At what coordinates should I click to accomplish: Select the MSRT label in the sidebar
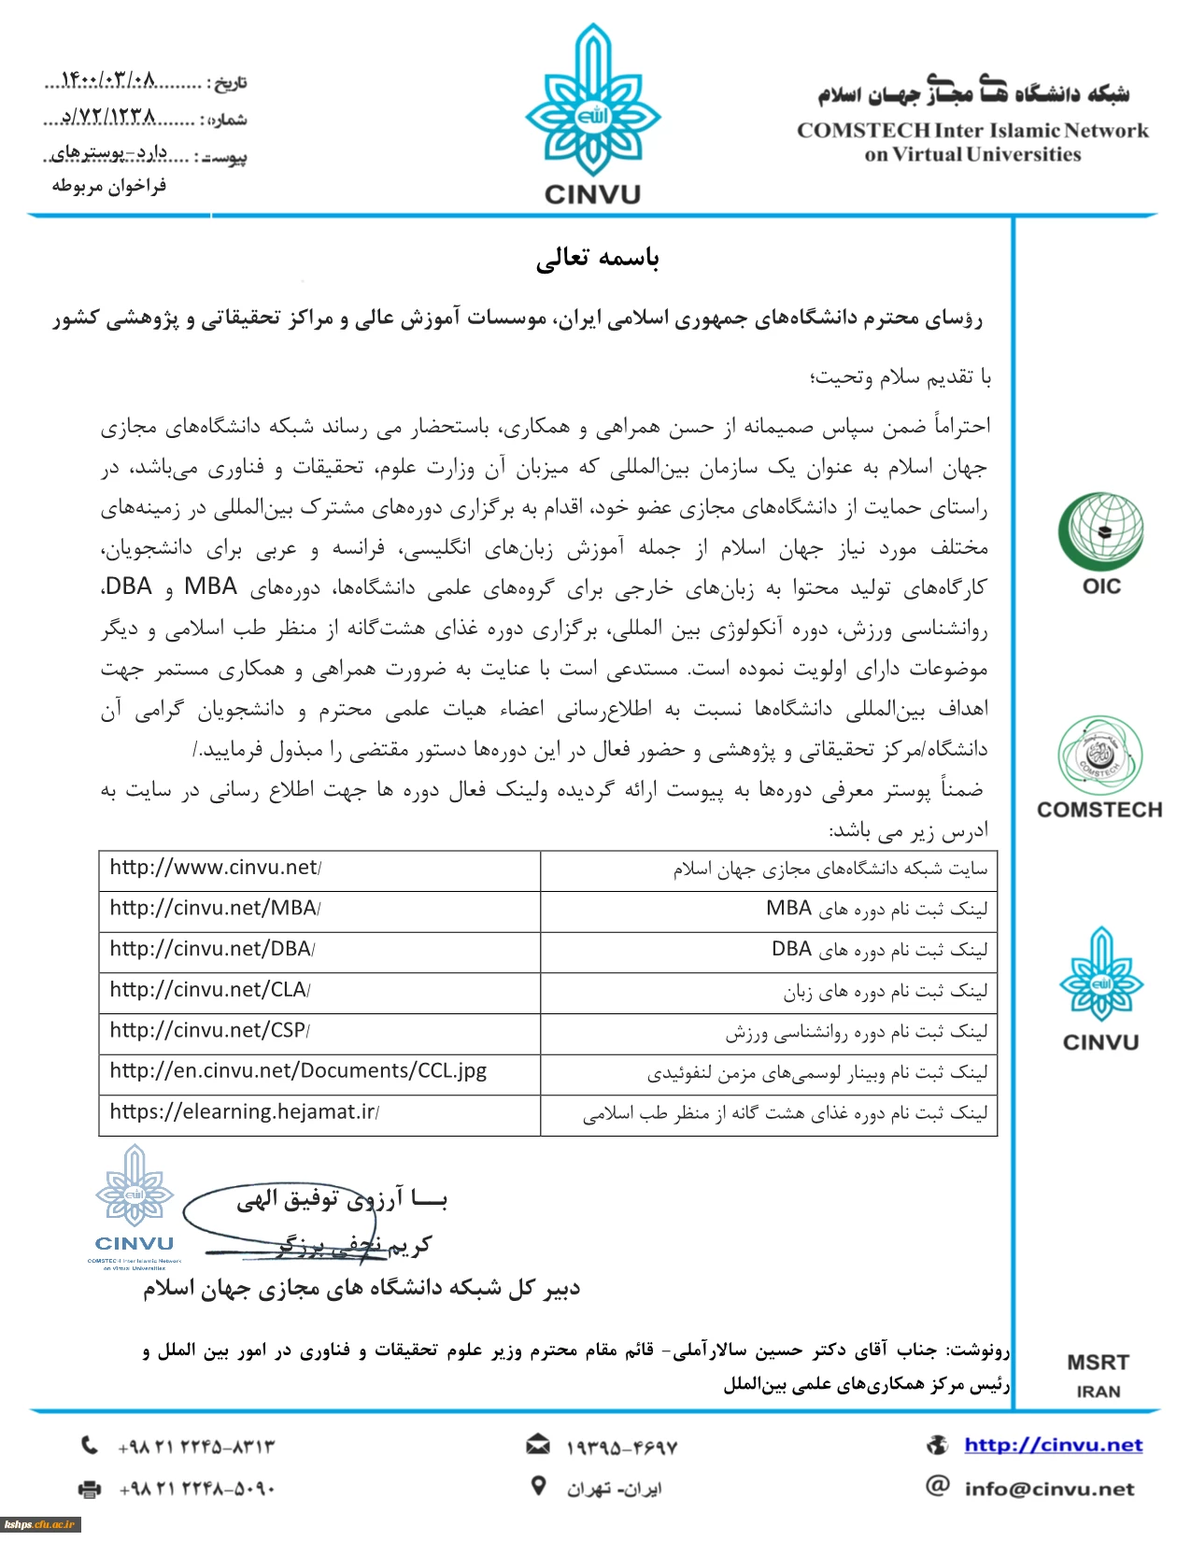[x=1099, y=1363]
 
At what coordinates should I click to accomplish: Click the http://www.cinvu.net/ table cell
[x=216, y=868]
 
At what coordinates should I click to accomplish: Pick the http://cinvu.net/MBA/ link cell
[x=215, y=909]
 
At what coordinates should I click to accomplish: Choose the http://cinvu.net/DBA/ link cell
[x=212, y=949]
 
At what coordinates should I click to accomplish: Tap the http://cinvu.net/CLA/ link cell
[x=210, y=990]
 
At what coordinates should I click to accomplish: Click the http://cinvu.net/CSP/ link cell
[x=210, y=1031]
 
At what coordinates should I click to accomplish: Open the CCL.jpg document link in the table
[x=298, y=1071]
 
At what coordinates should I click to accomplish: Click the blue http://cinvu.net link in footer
[x=1054, y=1446]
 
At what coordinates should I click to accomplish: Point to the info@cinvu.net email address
[x=1050, y=1490]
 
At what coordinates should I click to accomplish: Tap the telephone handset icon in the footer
[x=90, y=1446]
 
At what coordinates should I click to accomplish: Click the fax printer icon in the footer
[x=90, y=1489]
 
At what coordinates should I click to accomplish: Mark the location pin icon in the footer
[x=538, y=1486]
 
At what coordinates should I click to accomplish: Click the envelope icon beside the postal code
[x=538, y=1446]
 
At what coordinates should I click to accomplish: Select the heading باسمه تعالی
[x=598, y=259]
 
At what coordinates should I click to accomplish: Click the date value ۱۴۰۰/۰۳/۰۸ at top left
[x=107, y=80]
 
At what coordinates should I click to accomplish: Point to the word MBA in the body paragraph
[x=210, y=587]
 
